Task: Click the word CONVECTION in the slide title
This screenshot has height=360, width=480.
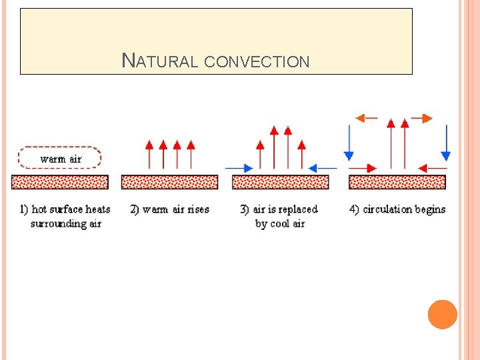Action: point(257,62)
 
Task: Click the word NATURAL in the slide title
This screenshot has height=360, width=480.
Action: point(160,61)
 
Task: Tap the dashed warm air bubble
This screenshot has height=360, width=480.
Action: point(60,158)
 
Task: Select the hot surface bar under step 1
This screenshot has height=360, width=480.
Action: point(60,182)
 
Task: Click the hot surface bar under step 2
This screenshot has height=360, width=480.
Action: point(169,182)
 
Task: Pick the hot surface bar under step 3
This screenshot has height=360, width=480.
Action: point(280,182)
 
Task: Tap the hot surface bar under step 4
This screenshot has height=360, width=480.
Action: point(397,182)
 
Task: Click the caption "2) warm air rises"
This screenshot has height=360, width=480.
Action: point(169,209)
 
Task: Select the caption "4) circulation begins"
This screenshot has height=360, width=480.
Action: point(397,209)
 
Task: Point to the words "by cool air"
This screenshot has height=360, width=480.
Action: point(280,224)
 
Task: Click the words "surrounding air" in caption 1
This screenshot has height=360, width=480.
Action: point(66,224)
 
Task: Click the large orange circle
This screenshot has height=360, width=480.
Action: point(443,315)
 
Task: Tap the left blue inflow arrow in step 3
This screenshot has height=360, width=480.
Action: point(239,168)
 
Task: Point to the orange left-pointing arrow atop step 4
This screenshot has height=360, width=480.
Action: point(366,118)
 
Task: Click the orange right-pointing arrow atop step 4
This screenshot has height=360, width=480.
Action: point(421,118)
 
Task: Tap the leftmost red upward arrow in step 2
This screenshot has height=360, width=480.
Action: point(149,154)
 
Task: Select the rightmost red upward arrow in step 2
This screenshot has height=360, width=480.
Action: point(191,154)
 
